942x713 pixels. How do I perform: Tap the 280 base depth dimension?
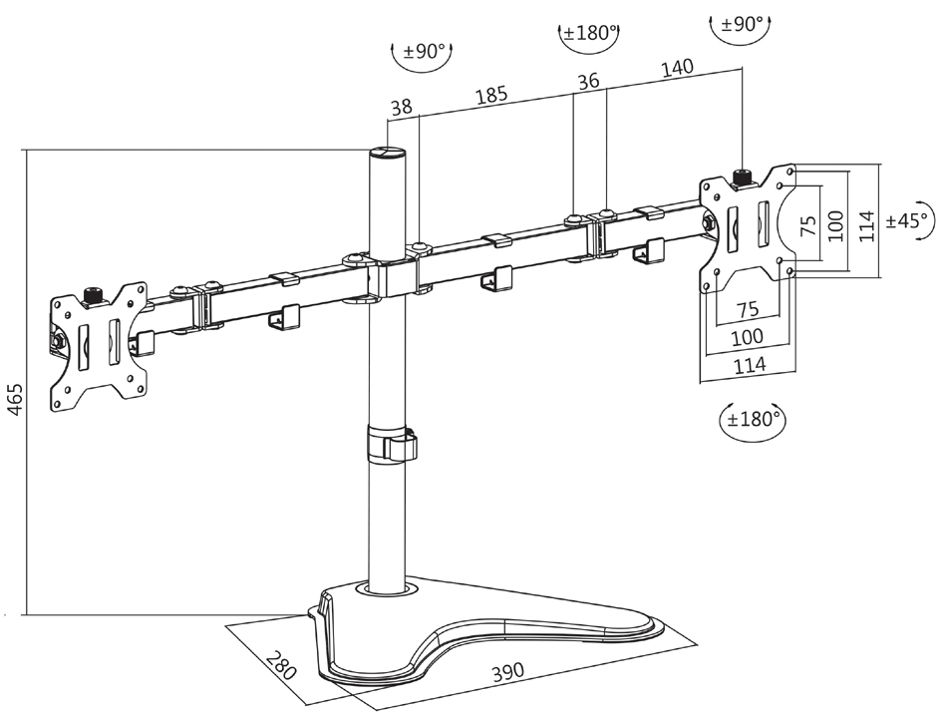282,665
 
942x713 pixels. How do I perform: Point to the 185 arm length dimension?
490,96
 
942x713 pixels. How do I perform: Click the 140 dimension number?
676,69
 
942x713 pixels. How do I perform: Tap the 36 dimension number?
589,82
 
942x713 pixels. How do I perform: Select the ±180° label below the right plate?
752,419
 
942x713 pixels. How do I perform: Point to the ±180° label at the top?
587,33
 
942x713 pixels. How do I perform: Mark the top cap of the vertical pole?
389,155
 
